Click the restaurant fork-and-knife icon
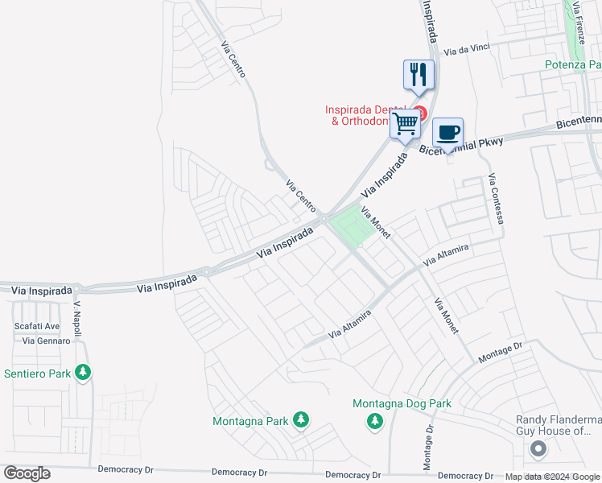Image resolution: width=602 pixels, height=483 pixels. point(419,75)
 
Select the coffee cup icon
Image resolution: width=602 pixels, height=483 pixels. point(447,132)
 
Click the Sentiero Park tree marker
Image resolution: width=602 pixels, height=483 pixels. point(82,373)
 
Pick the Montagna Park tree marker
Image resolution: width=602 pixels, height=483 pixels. point(300,419)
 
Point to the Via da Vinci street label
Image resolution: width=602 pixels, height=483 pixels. point(466,51)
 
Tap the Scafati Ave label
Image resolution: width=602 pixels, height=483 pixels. point(37,326)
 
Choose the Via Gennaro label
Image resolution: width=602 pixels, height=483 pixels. point(46,341)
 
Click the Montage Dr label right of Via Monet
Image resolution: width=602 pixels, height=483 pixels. point(501,352)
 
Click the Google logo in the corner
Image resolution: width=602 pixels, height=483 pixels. point(27,473)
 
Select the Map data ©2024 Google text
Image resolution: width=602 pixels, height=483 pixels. point(552,477)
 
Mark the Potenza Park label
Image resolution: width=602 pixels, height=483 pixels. point(573,64)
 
